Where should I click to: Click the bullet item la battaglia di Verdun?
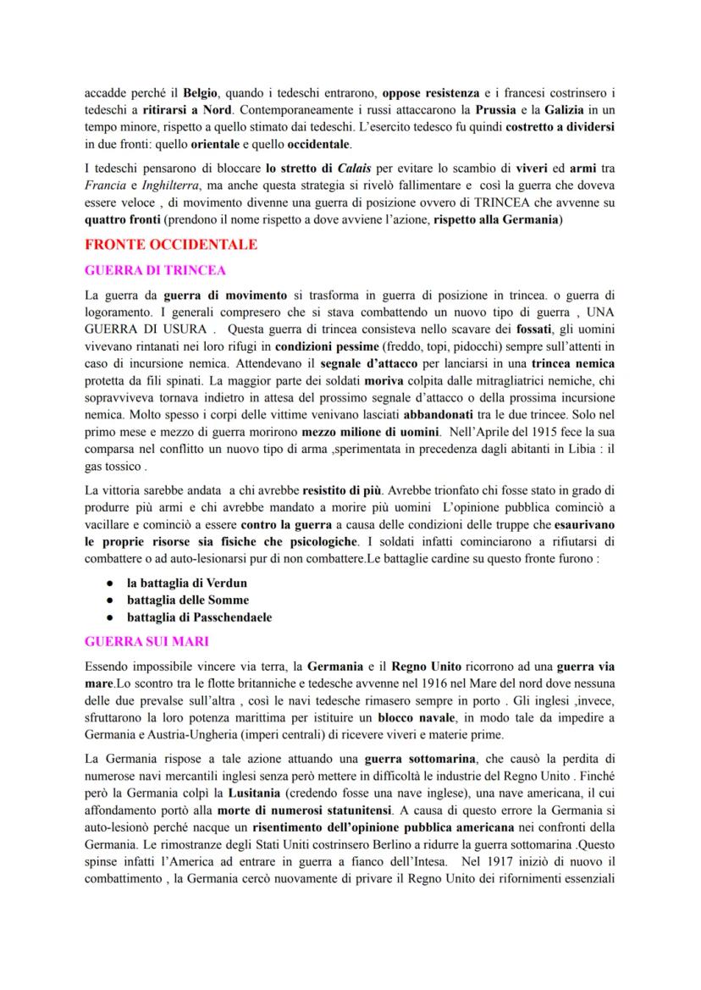point(187,584)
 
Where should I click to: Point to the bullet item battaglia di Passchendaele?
point(199,618)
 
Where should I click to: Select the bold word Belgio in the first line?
point(201,91)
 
